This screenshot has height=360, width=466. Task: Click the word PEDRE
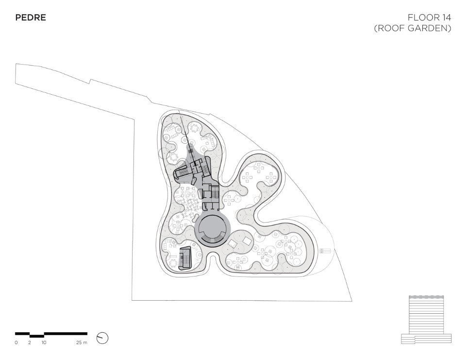(x=31, y=18)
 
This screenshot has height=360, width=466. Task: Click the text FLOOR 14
(x=429, y=18)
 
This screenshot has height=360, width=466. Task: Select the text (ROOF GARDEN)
(x=413, y=29)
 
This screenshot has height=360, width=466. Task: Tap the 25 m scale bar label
(x=82, y=343)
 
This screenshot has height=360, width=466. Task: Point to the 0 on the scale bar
(x=16, y=343)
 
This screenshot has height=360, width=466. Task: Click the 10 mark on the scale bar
(x=44, y=343)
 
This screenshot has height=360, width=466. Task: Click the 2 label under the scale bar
(x=30, y=343)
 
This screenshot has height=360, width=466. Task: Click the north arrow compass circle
(x=102, y=338)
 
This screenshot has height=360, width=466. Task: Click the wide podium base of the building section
(x=426, y=338)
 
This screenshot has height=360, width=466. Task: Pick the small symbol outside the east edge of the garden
(x=326, y=251)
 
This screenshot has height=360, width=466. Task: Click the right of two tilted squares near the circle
(x=247, y=241)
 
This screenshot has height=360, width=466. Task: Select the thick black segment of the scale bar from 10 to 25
(x=66, y=334)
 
